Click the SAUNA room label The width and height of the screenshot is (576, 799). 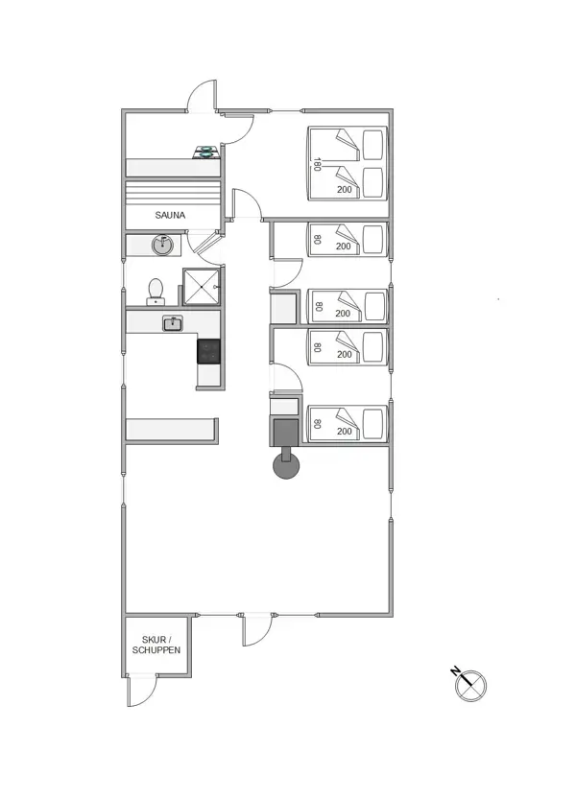click(170, 216)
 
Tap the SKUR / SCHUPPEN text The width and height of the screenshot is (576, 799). click(156, 645)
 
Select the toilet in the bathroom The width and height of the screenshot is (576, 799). click(155, 290)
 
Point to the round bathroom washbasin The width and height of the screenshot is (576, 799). click(163, 246)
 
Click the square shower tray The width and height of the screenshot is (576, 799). click(202, 286)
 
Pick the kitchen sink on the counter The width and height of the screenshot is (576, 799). click(172, 323)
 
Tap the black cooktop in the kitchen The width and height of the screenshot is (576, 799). click(208, 350)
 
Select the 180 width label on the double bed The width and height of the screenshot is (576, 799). click(316, 164)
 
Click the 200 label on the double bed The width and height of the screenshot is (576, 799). click(344, 190)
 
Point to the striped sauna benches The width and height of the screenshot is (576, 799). click(174, 191)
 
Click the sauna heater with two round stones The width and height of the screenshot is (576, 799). click(207, 151)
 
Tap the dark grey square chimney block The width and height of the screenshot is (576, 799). click(285, 433)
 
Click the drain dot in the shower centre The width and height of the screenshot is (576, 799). click(202, 286)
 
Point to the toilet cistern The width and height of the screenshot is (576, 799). click(155, 301)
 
